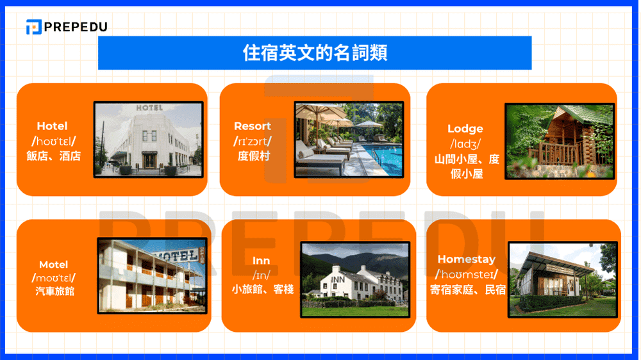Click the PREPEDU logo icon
tap(34, 27)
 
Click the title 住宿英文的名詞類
tap(315, 53)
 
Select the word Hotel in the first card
tap(52, 126)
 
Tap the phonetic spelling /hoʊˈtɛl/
tap(54, 141)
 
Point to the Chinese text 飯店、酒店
tap(54, 156)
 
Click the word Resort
tap(253, 126)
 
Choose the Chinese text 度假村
tap(253, 156)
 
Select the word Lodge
tap(465, 129)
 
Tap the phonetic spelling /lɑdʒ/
tap(465, 144)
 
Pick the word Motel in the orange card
tap(53, 265)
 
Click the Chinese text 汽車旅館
tap(53, 292)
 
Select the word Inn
tap(261, 261)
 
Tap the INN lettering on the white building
tap(338, 280)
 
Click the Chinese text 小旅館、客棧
tap(262, 290)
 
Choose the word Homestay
tap(466, 259)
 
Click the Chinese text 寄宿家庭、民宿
tap(467, 290)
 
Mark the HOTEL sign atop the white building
tap(149, 108)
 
